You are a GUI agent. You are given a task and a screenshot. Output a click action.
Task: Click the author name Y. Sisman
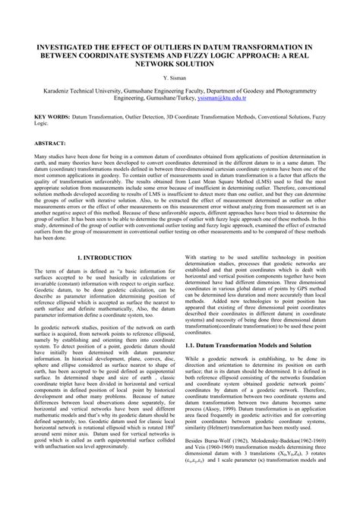180,77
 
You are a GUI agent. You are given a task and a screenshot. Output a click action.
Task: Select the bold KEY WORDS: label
52,117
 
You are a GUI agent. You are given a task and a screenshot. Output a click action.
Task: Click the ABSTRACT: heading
50,142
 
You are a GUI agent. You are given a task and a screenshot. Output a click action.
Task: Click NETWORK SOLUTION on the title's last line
180,64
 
